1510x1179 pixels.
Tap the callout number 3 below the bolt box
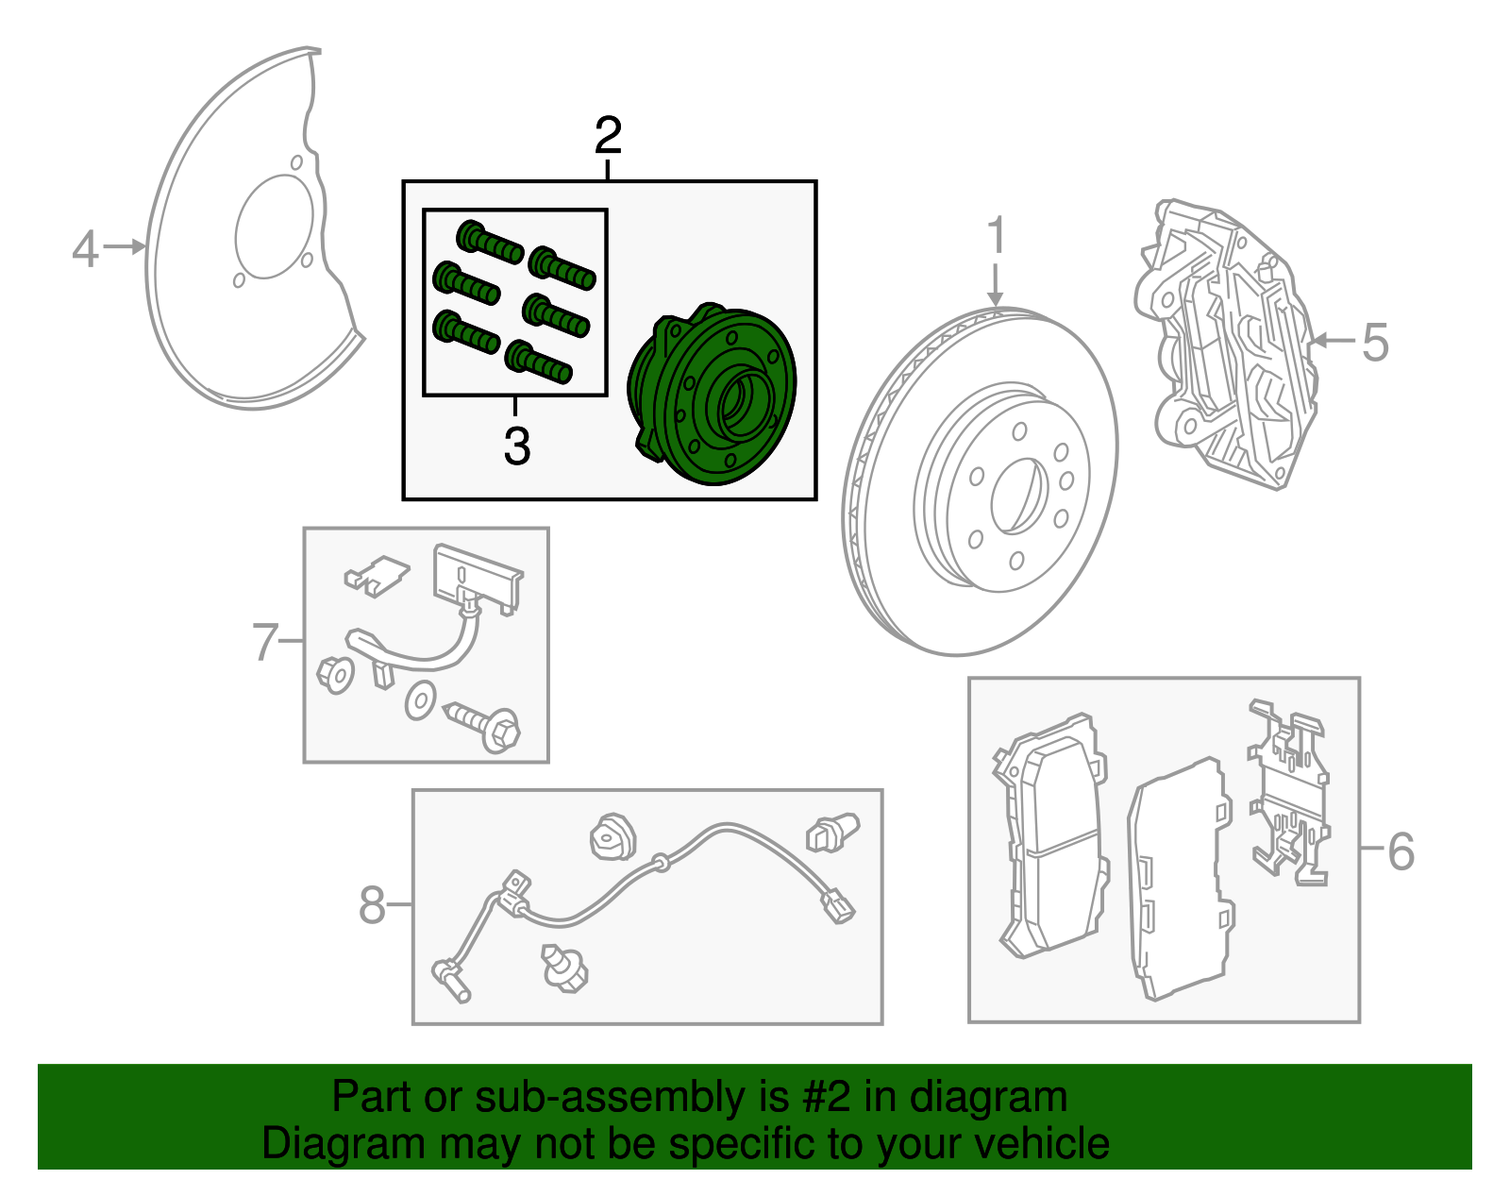tap(516, 446)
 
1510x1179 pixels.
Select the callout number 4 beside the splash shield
tap(85, 249)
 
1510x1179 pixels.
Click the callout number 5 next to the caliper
tap(1375, 342)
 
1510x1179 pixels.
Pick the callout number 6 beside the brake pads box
tap(1401, 851)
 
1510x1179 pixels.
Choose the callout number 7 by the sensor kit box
tap(265, 642)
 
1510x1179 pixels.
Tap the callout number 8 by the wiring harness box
tap(372, 905)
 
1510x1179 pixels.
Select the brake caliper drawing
tap(1227, 345)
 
